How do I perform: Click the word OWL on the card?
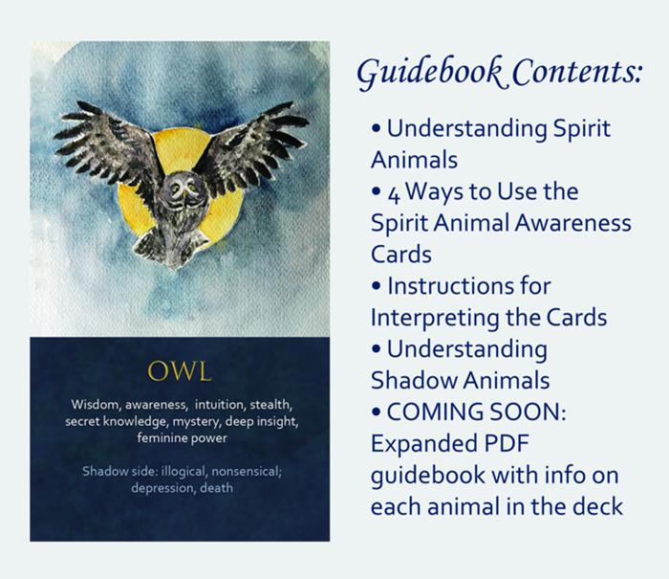pos(180,367)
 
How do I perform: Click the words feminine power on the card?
pos(181,437)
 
